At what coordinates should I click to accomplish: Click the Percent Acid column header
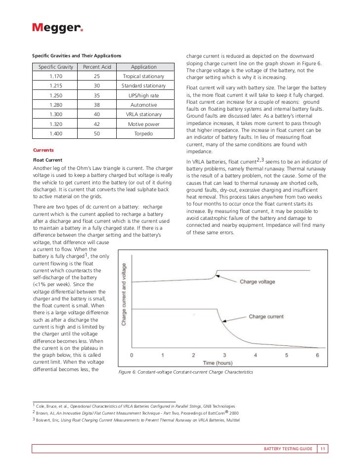click(x=96, y=67)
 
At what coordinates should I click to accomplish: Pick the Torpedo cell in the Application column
click(x=144, y=133)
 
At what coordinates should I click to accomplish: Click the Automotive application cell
click(x=144, y=105)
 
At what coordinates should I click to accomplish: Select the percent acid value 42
click(x=96, y=124)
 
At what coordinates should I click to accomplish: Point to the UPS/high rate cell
click(x=144, y=95)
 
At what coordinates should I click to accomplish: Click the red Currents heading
click(x=43, y=150)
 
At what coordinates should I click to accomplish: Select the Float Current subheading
click(x=47, y=160)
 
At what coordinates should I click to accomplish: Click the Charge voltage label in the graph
click(x=258, y=282)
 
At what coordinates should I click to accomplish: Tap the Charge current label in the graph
click(x=266, y=316)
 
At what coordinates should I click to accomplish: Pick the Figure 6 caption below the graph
click(x=186, y=372)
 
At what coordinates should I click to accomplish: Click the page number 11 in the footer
click(x=322, y=449)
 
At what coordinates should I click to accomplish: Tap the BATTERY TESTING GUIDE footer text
click(x=288, y=449)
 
